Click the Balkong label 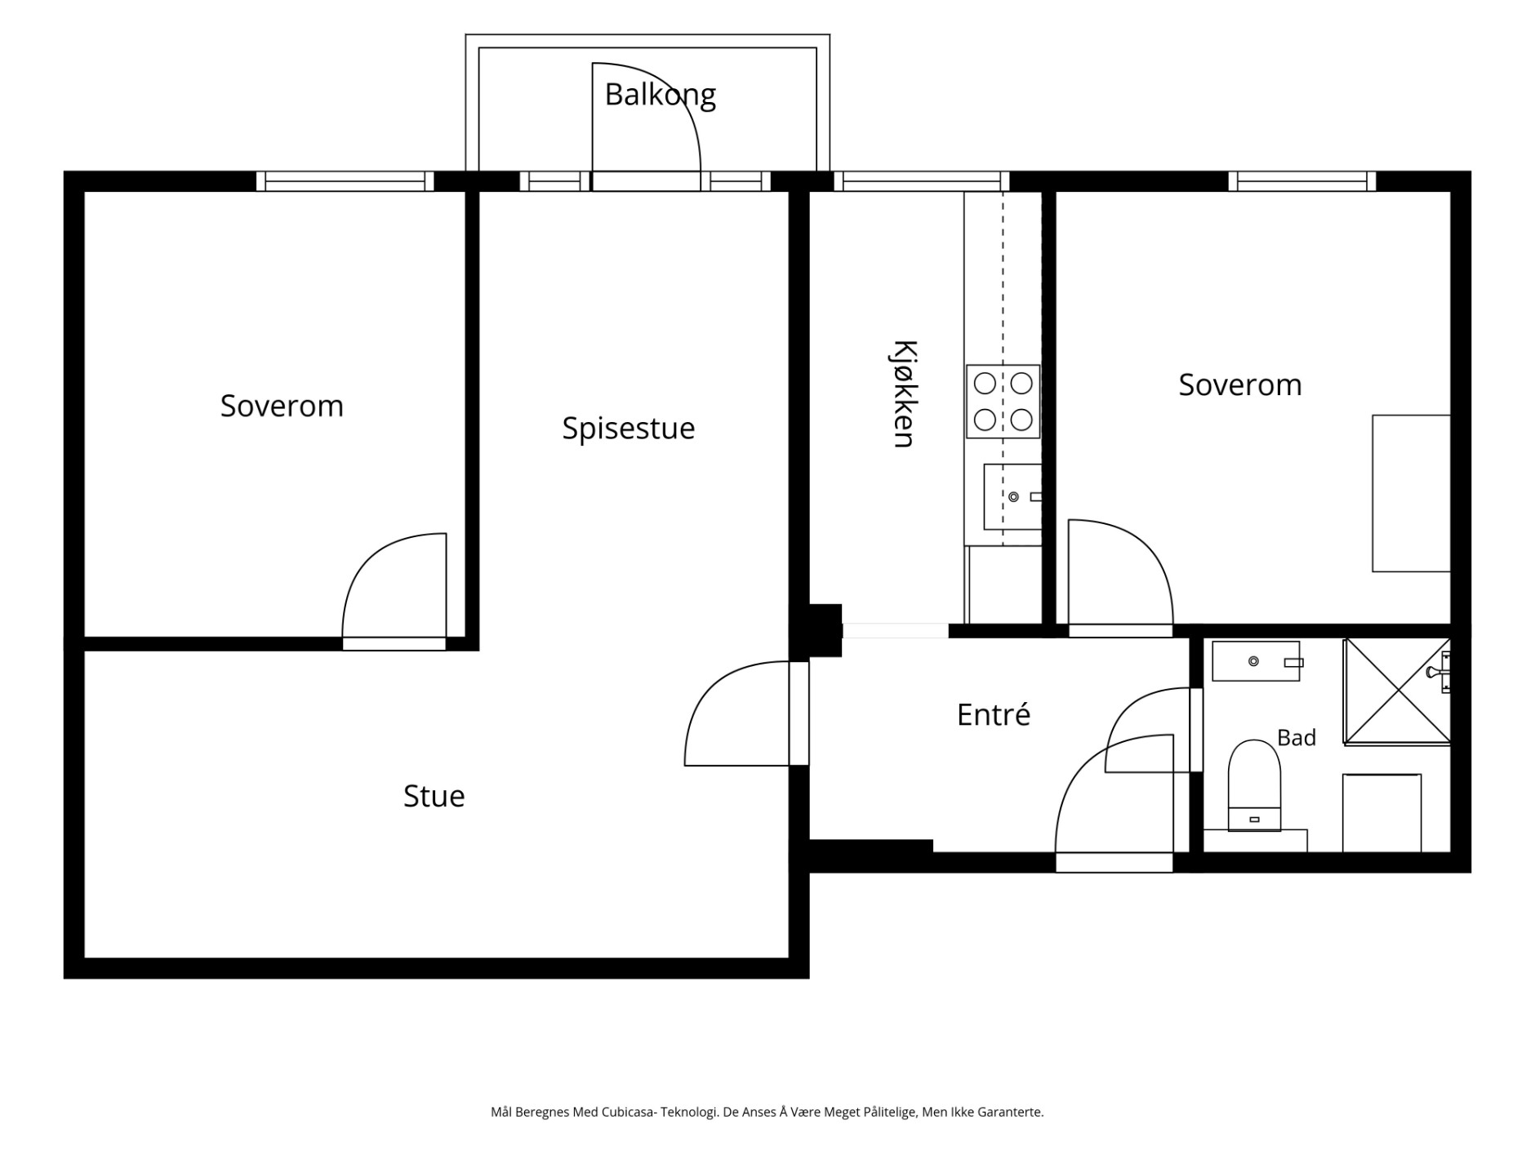(660, 95)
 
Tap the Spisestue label (628, 428)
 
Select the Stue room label (434, 796)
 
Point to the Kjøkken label (904, 393)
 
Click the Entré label (993, 714)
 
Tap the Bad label (1296, 738)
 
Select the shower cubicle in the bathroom (1397, 691)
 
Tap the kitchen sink (1012, 496)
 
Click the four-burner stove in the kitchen (1003, 401)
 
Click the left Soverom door (394, 591)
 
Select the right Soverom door (1120, 577)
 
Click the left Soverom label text (282, 406)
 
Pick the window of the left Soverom (345, 181)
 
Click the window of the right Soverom (1302, 181)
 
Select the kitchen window (922, 181)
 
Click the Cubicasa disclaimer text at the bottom (767, 1112)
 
